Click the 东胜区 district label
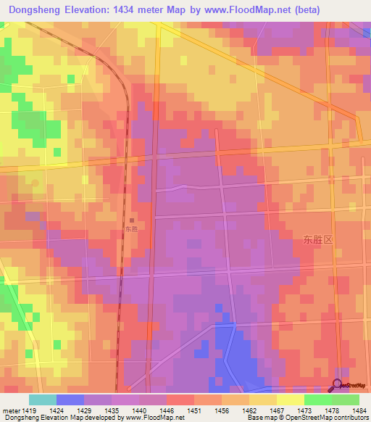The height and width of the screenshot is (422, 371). pos(317,239)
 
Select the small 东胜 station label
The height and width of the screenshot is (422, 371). pos(130,230)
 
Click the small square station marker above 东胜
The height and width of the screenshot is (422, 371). pos(131,220)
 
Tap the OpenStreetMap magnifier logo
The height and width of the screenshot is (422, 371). pos(338,385)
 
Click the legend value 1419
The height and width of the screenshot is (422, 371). pos(30,410)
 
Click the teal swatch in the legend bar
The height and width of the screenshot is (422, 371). pos(43,400)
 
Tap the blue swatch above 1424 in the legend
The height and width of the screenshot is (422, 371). pos(70,400)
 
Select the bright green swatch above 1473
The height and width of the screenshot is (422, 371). pos(317,400)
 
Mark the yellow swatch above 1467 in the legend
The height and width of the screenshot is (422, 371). pos(262,400)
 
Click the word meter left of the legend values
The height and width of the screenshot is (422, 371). pos(10,410)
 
